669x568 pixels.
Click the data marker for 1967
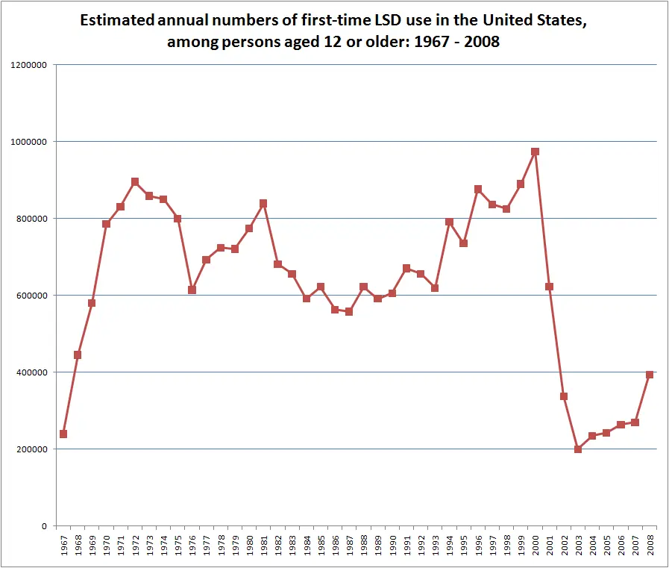point(63,434)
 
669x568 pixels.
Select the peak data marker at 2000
point(535,152)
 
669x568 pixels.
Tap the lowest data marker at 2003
point(578,449)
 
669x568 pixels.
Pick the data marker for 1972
point(135,182)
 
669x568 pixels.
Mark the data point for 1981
point(263,203)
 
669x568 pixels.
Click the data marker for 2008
point(650,375)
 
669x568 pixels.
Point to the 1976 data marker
point(192,290)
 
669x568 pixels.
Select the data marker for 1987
point(349,312)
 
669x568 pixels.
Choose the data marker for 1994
point(449,222)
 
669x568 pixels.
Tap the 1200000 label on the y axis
point(28,66)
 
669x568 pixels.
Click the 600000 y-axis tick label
point(31,296)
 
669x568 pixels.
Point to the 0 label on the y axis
point(44,526)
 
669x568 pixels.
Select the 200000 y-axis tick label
point(31,450)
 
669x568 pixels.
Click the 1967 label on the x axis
point(64,546)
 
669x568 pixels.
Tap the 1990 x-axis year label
point(392,546)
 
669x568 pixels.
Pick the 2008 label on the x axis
point(650,546)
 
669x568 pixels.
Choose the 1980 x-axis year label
point(250,546)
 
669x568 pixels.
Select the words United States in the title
point(534,20)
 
